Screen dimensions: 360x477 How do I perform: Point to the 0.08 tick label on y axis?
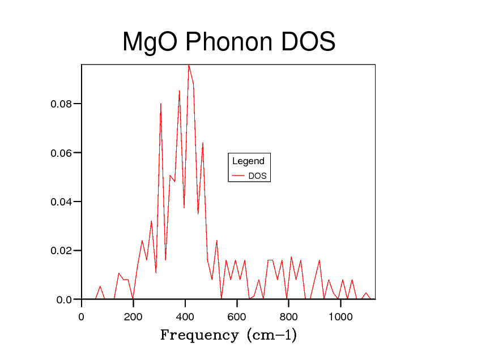[62, 104]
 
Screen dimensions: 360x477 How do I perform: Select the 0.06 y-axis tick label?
[62, 153]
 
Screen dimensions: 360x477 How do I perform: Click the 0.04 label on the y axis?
[62, 202]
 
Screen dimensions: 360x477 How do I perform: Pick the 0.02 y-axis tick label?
[62, 251]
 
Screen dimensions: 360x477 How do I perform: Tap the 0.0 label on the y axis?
[65, 299]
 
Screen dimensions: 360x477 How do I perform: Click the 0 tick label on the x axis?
[82, 317]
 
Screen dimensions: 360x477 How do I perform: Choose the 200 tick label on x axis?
[133, 317]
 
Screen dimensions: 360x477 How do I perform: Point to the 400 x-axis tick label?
[185, 317]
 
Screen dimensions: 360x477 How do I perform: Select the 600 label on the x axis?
[237, 317]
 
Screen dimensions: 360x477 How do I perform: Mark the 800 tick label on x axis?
[289, 317]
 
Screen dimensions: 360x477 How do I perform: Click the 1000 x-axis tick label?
[340, 317]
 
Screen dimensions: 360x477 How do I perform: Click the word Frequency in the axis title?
[199, 335]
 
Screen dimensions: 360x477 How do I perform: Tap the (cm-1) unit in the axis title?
[271, 335]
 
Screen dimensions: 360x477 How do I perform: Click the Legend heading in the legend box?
[248, 161]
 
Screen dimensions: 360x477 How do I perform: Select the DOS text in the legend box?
[257, 176]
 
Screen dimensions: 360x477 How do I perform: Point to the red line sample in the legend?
[238, 176]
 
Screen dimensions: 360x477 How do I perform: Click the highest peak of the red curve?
[189, 65]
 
